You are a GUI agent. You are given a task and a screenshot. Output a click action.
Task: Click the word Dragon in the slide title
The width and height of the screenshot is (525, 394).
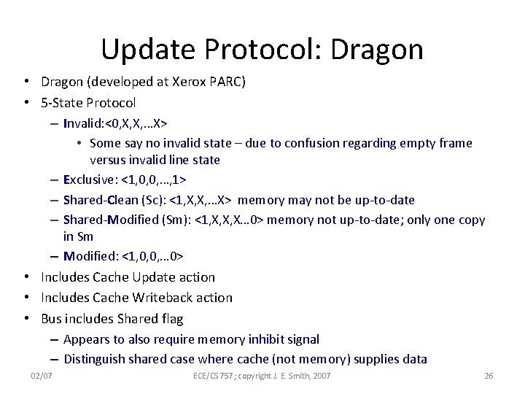click(377, 50)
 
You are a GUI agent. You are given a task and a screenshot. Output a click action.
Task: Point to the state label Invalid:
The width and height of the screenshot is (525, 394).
click(85, 123)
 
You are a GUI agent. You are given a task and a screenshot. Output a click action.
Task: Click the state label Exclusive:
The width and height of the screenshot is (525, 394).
click(90, 179)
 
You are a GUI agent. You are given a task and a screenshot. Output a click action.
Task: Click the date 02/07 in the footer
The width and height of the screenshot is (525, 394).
click(42, 376)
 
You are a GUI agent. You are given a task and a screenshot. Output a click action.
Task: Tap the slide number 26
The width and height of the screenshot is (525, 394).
click(489, 376)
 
